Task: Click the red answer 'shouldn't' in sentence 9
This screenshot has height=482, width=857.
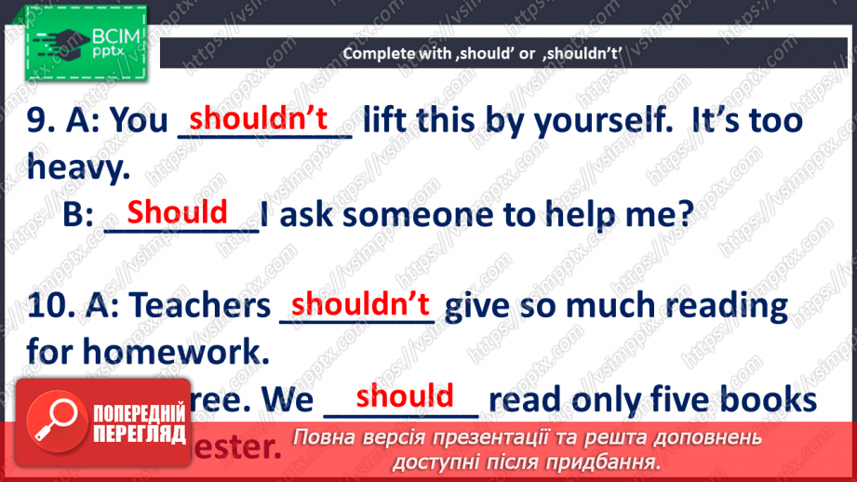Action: (x=260, y=118)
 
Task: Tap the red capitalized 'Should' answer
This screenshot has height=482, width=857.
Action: (x=177, y=212)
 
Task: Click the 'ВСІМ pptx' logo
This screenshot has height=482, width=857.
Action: (x=87, y=43)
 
